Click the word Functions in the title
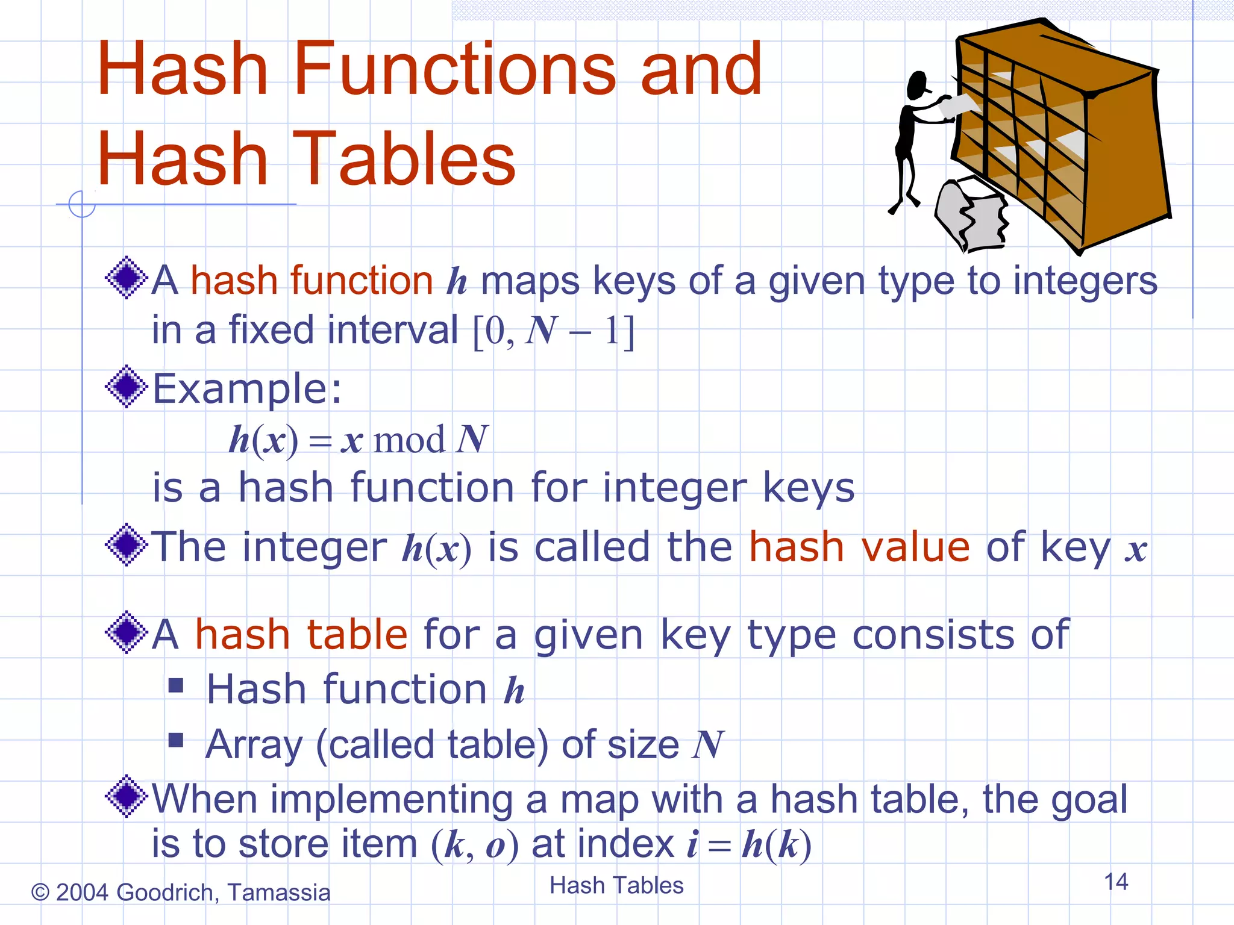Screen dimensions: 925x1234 tap(455, 69)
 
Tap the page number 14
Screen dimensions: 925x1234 tap(1115, 882)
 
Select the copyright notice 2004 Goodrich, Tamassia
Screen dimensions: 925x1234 tap(181, 892)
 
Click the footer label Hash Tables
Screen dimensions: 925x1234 tap(616, 885)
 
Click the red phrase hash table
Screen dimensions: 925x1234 tap(301, 635)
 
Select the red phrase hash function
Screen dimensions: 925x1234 tap(312, 281)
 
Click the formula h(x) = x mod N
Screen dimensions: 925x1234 tap(359, 440)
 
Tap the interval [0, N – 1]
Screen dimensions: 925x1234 tap(553, 331)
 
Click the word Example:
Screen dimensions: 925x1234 tap(247, 388)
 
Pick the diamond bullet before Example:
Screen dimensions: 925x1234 tap(127, 387)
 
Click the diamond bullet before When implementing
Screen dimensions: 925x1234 tap(127, 796)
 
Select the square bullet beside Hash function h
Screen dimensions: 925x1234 tap(176, 685)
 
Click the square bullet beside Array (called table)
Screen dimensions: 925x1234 tap(176, 740)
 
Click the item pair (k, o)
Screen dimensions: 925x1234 tap(475, 844)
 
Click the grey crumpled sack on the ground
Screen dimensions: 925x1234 tap(970, 214)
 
